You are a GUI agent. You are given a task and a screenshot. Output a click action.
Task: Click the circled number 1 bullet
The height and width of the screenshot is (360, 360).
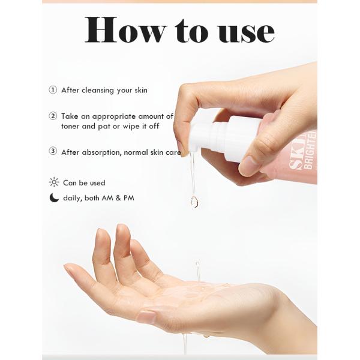tap(53, 91)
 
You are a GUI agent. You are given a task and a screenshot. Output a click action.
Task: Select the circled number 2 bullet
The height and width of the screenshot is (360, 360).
tap(53, 116)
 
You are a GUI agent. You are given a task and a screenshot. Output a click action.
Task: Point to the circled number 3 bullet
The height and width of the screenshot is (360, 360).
tap(53, 152)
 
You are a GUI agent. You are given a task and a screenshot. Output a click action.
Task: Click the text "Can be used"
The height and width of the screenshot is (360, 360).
tap(84, 183)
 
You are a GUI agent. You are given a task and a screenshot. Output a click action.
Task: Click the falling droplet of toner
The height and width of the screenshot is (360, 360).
tap(194, 202)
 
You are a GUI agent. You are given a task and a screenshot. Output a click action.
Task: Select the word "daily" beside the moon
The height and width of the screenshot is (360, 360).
tap(73, 198)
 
